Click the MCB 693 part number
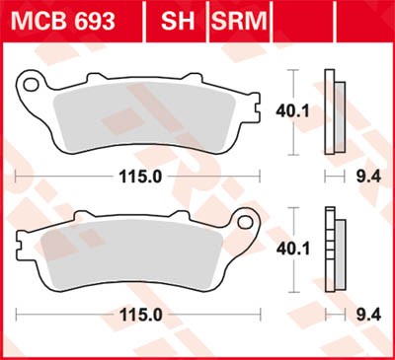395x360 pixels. [x=63, y=21]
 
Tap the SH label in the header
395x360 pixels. [x=178, y=21]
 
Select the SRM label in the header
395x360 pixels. [x=239, y=21]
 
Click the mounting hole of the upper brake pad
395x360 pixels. [x=31, y=85]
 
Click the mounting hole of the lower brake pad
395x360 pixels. [x=246, y=222]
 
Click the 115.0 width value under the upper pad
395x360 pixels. [x=140, y=177]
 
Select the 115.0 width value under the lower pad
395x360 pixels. [x=140, y=316]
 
